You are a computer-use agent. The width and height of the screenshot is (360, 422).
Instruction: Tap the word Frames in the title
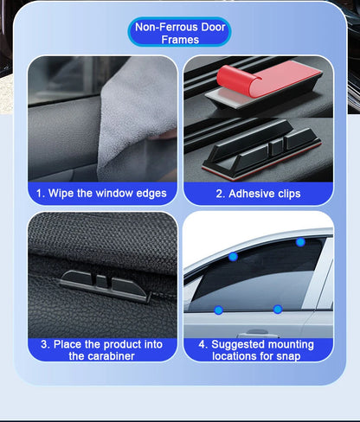pos(180,40)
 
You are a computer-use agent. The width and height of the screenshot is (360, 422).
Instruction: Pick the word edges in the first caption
pos(151,194)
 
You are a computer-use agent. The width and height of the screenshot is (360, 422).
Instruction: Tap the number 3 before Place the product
pos(43,344)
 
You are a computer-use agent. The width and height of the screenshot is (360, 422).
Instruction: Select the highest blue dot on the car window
pos(300,242)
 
